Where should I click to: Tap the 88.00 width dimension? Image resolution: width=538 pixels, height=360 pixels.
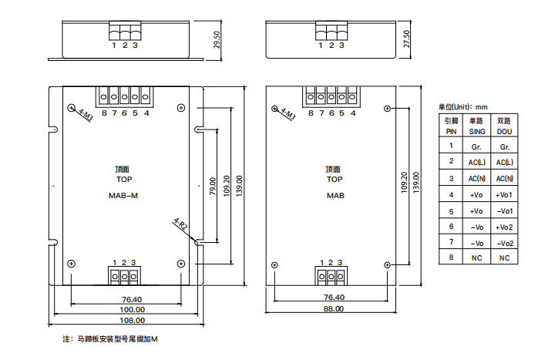tap(333, 309)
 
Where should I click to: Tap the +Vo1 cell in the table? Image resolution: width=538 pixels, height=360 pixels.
tap(505, 194)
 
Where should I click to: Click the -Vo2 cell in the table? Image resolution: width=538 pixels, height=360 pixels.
tap(505, 243)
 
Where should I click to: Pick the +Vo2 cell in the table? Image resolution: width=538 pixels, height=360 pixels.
tap(505, 227)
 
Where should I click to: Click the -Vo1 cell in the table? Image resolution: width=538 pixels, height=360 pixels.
tap(505, 210)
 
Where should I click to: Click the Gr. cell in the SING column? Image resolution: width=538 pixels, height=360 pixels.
tap(477, 146)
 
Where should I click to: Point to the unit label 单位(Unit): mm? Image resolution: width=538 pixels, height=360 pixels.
tap(463, 107)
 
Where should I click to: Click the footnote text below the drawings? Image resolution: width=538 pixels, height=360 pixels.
tap(109, 339)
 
